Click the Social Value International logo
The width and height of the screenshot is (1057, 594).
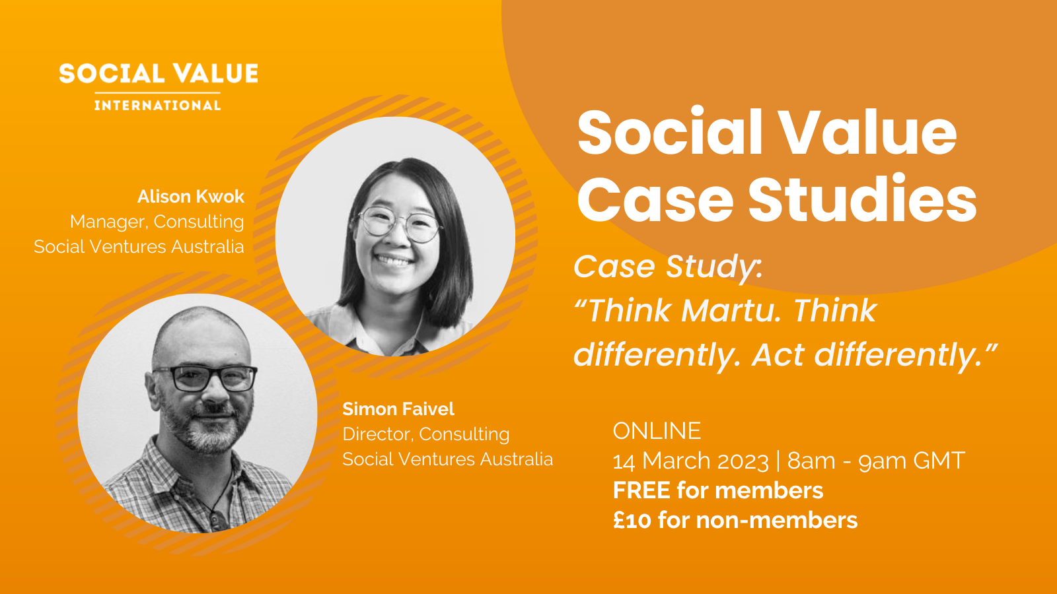(158, 86)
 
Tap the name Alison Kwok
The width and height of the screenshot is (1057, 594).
(190, 197)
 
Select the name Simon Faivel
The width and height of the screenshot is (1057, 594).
(398, 409)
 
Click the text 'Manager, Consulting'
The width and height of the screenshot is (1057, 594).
(157, 222)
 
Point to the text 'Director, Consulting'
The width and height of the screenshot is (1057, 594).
(425, 434)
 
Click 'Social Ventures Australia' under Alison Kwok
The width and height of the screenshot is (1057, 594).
(139, 247)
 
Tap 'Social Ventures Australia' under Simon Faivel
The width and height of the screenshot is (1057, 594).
(447, 459)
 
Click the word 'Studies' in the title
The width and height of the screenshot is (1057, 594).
(862, 200)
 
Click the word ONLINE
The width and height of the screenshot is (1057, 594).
(657, 431)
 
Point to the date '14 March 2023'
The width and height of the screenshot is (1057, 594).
(690, 461)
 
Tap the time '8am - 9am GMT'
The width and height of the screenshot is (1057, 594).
(876, 461)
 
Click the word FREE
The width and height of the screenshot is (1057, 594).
(641, 490)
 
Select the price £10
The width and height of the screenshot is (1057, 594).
(632, 520)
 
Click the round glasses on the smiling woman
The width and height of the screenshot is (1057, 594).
(400, 223)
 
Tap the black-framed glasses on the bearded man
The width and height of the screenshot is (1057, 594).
(205, 378)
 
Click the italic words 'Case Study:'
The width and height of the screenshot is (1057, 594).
(667, 267)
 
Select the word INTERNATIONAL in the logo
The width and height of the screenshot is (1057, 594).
(157, 106)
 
